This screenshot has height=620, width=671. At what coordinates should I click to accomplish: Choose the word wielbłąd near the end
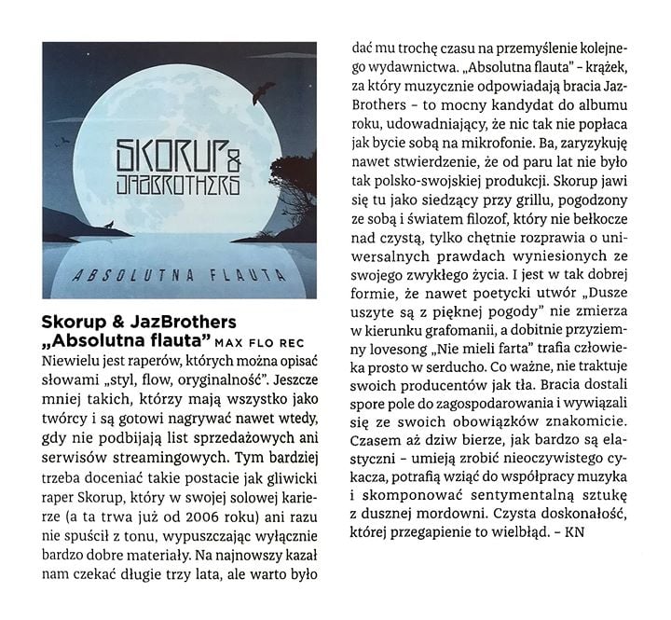[539, 531]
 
